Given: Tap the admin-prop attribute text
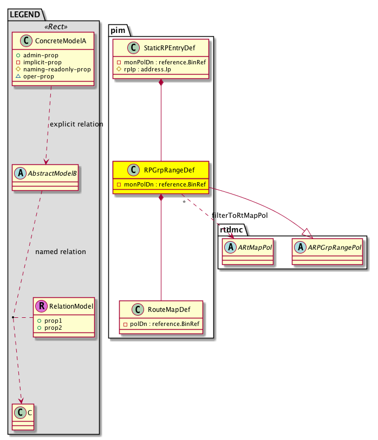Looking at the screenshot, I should (x=42, y=55).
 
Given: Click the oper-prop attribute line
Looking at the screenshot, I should (x=39, y=76).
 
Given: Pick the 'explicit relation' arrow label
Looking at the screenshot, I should (x=76, y=124).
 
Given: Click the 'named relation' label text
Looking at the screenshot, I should (x=60, y=252).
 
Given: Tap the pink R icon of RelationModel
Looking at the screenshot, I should (x=42, y=307).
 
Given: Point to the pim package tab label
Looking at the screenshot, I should (x=119, y=30).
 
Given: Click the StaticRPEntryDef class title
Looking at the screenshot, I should (x=170, y=48).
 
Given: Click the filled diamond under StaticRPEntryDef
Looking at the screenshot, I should (x=161, y=83).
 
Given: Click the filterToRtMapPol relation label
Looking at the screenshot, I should (x=240, y=215).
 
